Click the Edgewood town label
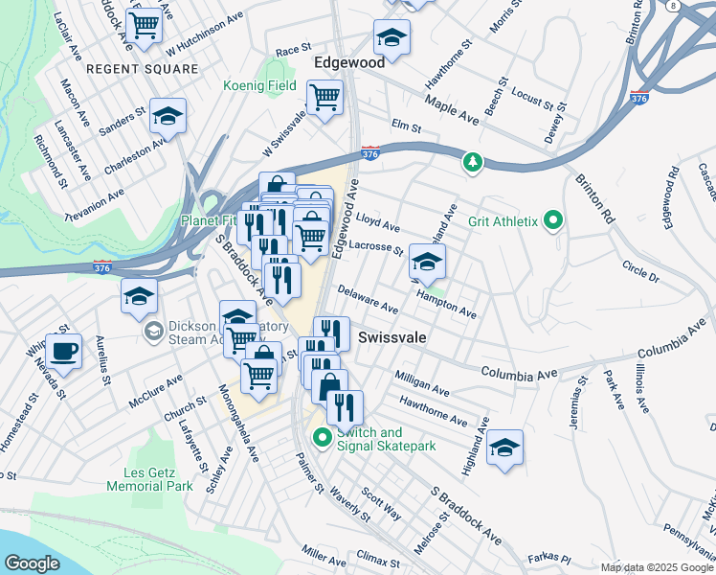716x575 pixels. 349,62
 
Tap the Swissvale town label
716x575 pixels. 392,339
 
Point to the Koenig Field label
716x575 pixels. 258,86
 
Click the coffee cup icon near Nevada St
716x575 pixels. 64,352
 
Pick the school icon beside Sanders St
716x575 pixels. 168,117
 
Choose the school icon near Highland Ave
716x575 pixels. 504,447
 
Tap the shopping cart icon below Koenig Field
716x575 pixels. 324,96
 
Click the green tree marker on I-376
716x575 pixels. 471,163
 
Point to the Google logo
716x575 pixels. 32,563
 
